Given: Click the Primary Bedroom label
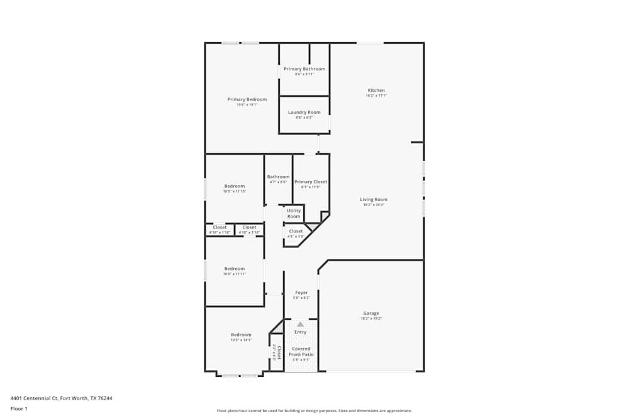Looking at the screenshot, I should [x=247, y=99].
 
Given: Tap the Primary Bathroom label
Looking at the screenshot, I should [x=304, y=68].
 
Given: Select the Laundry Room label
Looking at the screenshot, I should [x=304, y=112].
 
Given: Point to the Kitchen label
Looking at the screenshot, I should [x=376, y=90].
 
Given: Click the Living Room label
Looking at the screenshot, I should [x=373, y=199].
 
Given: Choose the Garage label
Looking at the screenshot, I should [x=371, y=313].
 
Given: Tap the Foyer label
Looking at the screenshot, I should [x=301, y=292].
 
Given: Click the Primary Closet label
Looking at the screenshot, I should [x=311, y=182].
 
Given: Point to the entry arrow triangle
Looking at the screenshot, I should [x=300, y=324].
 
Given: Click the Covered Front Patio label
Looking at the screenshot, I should [x=301, y=351].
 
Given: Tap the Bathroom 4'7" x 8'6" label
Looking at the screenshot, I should [x=278, y=177].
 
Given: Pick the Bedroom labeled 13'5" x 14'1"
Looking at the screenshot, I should [x=241, y=335].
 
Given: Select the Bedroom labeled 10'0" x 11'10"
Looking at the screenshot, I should [x=235, y=186].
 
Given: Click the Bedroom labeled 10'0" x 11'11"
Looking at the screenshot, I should [x=235, y=268].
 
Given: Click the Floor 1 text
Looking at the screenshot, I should [x=19, y=408].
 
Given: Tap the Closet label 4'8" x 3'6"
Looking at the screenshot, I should [x=296, y=231].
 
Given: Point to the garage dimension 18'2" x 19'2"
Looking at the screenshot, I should [x=371, y=318].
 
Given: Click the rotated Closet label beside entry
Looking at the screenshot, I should [x=278, y=351].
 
